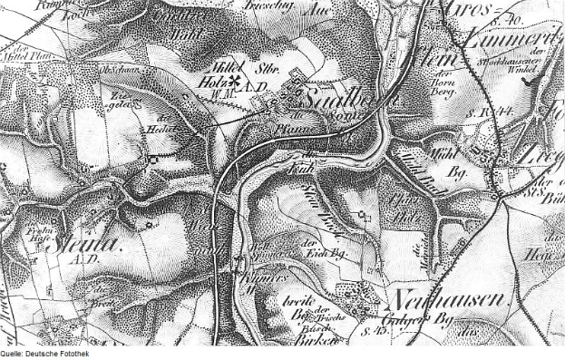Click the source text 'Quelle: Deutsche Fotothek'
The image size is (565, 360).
[x=44, y=355]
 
